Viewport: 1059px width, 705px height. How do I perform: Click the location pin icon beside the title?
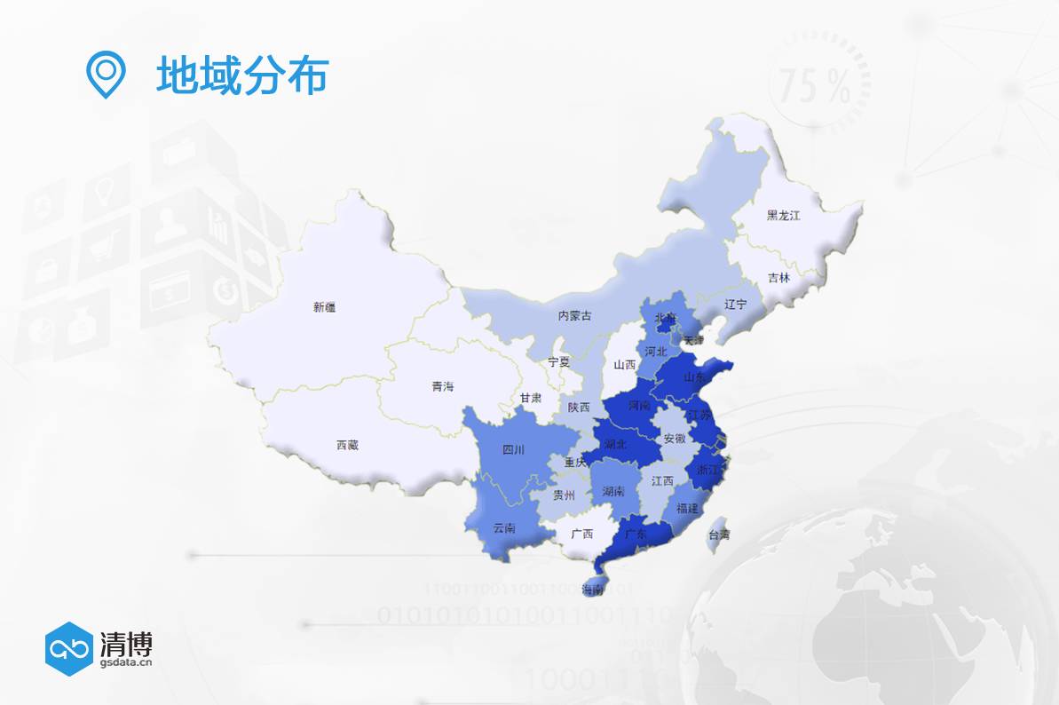click(x=105, y=75)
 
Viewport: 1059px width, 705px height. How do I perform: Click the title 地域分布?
click(x=242, y=75)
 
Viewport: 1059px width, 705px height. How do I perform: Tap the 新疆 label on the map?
click(x=325, y=307)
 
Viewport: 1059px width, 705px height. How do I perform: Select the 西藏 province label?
click(x=348, y=445)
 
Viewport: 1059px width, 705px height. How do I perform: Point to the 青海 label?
click(x=442, y=386)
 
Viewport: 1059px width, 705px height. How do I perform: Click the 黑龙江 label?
click(x=784, y=215)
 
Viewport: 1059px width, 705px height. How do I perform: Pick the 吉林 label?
click(x=778, y=277)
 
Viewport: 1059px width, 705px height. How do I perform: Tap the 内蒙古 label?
click(x=575, y=315)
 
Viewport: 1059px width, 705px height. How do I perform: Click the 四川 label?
click(x=513, y=449)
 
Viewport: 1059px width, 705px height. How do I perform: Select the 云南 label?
click(x=503, y=528)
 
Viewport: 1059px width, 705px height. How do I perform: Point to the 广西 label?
click(x=582, y=534)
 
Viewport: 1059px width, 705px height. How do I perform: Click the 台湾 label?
click(x=718, y=535)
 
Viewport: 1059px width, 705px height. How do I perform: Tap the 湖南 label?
click(x=612, y=491)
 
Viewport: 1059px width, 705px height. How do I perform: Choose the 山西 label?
click(x=625, y=364)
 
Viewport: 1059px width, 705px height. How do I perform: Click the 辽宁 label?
click(x=736, y=304)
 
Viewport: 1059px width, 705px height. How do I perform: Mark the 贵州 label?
click(x=565, y=495)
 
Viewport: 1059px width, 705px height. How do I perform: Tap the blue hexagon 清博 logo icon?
click(x=69, y=649)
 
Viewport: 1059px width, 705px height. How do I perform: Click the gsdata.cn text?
click(x=127, y=661)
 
